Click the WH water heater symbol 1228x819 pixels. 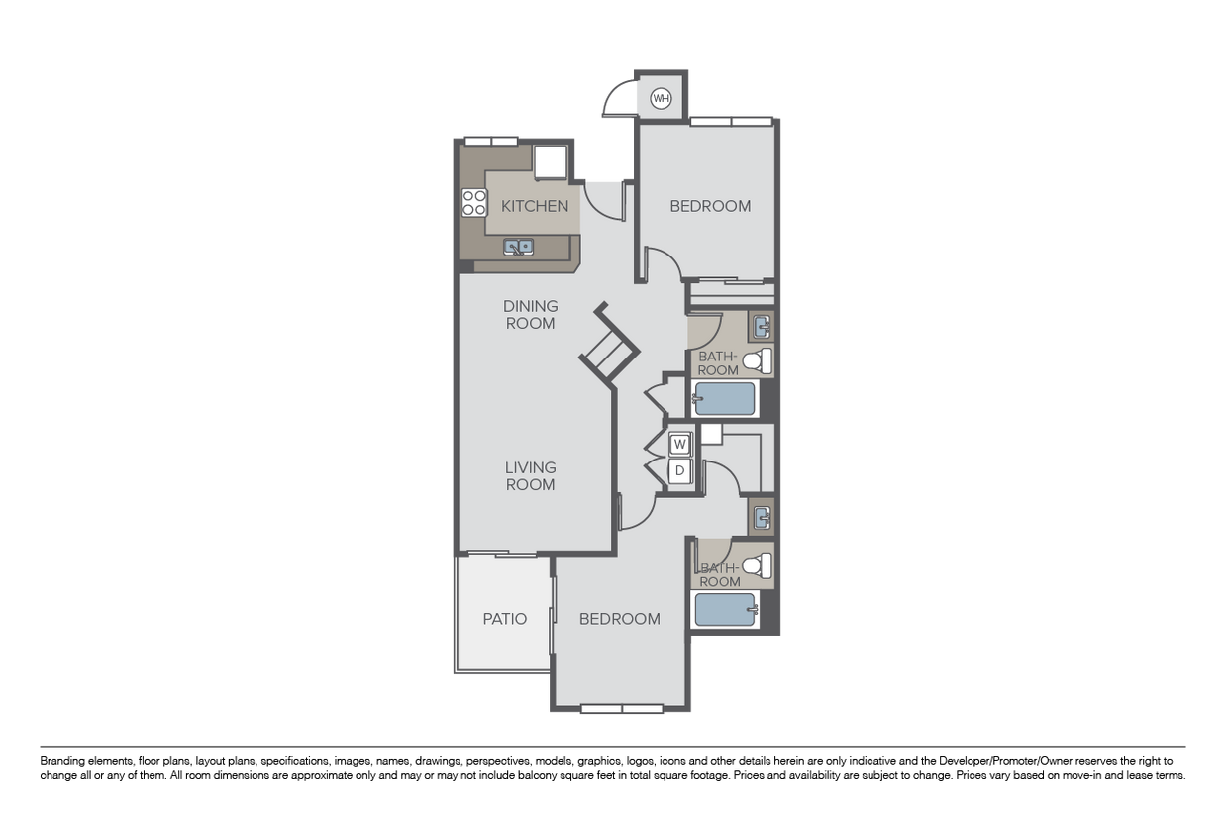point(661,99)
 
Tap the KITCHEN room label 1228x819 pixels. point(535,206)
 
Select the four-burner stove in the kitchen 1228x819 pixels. point(474,202)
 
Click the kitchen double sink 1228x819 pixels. point(518,247)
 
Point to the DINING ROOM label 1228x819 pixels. point(530,315)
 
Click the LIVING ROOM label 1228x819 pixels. point(530,475)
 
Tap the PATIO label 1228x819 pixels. point(505,619)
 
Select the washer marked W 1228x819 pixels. point(679,444)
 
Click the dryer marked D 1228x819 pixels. point(679,470)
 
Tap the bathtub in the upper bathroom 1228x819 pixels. point(724,398)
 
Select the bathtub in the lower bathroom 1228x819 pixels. point(725,610)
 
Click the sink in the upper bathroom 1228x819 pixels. point(762,327)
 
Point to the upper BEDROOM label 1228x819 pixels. point(710,206)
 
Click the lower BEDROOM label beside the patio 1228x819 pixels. point(620,619)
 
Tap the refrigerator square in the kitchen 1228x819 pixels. point(551,161)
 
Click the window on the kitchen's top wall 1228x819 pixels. point(491,142)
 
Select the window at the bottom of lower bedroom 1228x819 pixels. point(622,709)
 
